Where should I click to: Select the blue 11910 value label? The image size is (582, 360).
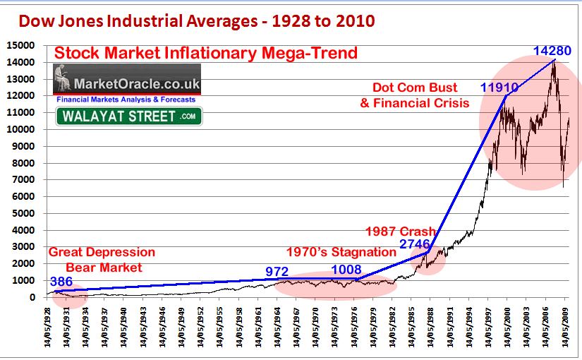(x=499, y=88)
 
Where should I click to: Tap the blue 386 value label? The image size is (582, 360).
(x=61, y=281)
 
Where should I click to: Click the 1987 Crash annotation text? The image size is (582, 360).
(x=400, y=232)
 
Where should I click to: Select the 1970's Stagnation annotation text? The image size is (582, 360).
(x=341, y=251)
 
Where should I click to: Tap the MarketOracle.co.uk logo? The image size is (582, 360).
(x=127, y=80)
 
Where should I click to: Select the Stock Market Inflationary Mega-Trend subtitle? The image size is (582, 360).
(x=206, y=53)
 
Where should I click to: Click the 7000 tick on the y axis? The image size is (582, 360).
(x=25, y=179)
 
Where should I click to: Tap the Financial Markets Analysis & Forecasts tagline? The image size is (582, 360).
(x=128, y=100)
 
